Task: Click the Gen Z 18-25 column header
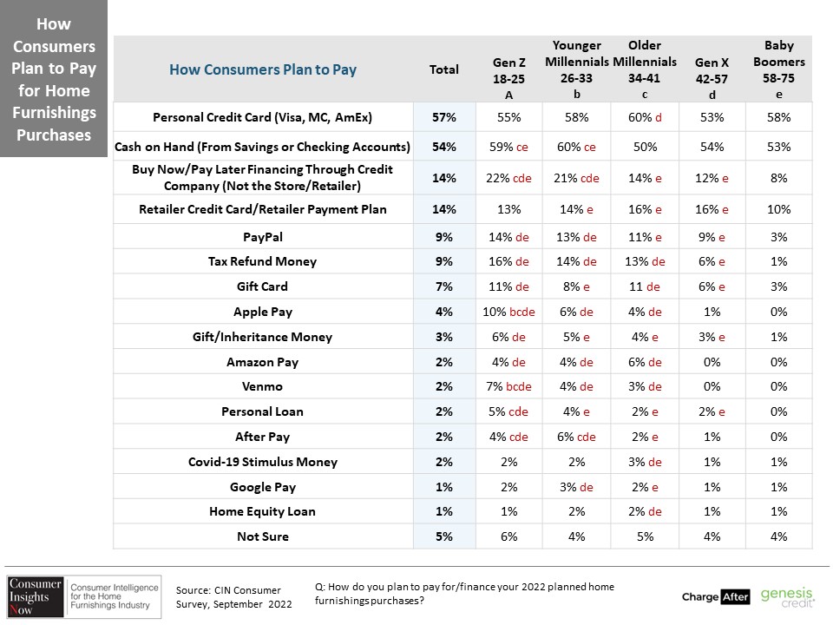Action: tap(508, 78)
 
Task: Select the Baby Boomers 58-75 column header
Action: tap(779, 69)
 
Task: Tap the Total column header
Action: tap(443, 69)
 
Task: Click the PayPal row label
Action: tap(262, 237)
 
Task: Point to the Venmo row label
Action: tap(262, 386)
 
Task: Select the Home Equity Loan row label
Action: tap(262, 511)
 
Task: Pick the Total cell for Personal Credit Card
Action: tap(444, 117)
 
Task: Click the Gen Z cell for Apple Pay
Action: tap(508, 312)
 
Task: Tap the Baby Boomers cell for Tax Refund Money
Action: tap(779, 261)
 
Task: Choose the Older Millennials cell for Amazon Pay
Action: tap(645, 362)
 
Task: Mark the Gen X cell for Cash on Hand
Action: tap(712, 147)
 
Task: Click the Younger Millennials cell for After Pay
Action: tap(576, 437)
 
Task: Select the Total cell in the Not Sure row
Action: tap(444, 536)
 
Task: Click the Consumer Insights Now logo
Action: tap(83, 597)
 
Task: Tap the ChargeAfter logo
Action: tap(716, 597)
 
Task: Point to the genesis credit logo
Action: tap(787, 597)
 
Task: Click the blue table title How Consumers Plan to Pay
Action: tap(263, 69)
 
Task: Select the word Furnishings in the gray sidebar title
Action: tap(54, 113)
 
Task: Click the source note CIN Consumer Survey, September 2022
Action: tap(233, 597)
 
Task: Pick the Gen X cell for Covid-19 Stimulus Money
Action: tap(712, 462)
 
